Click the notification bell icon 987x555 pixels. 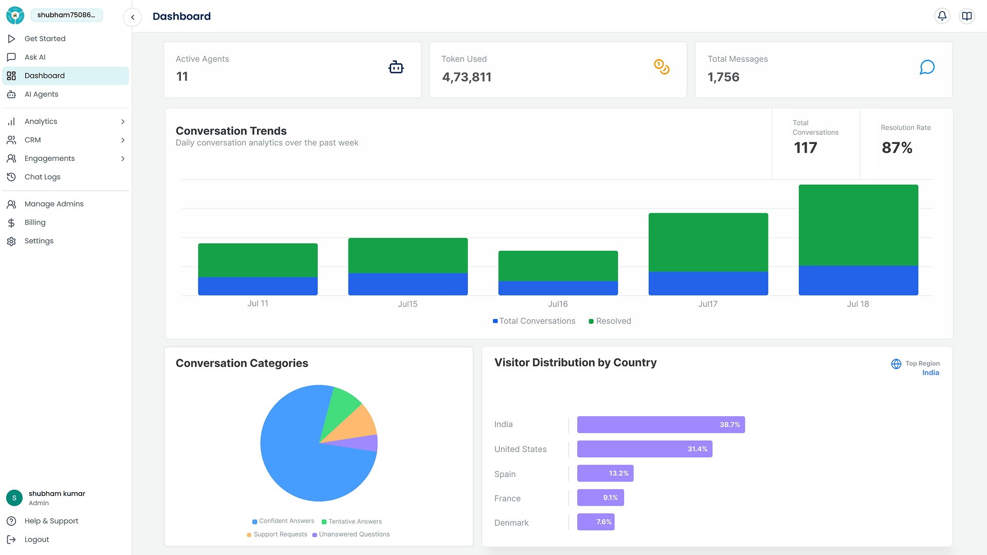point(942,16)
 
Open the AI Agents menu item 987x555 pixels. point(41,94)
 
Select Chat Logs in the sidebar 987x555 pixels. point(42,177)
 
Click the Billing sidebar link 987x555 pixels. point(35,223)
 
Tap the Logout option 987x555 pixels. point(36,540)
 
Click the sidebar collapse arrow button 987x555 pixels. point(133,17)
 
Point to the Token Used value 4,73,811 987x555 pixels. point(466,77)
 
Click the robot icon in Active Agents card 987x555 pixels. point(396,67)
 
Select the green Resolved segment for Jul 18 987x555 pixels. point(858,225)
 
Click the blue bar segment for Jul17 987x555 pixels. point(708,283)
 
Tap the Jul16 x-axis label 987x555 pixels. point(558,304)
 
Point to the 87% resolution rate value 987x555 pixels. point(897,148)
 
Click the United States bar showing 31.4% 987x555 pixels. point(644,449)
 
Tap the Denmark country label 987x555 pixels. point(511,523)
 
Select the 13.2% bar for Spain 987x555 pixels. point(605,473)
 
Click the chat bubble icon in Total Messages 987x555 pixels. point(927,67)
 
